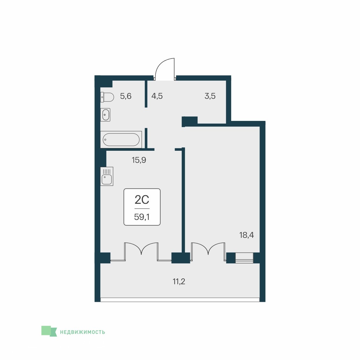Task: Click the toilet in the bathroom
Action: tap(107, 97)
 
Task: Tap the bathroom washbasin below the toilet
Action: tap(105, 115)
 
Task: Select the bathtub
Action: tap(121, 139)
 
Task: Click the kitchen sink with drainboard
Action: tap(107, 176)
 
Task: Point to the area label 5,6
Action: tap(126, 96)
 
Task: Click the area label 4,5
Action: tap(157, 96)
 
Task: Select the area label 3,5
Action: tap(210, 96)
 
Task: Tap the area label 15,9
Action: tap(139, 160)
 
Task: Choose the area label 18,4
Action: tap(246, 235)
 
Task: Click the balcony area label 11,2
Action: tap(179, 281)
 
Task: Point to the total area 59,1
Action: tap(142, 217)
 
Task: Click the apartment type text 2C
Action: tap(142, 200)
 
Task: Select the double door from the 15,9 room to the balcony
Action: tap(141, 252)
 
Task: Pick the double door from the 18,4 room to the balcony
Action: tap(208, 252)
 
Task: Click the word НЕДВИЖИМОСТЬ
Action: tap(82, 332)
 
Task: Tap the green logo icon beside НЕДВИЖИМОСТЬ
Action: tap(49, 331)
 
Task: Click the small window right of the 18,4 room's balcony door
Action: tap(244, 258)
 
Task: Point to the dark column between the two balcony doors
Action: tap(181, 258)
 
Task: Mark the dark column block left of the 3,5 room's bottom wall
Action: tap(190, 121)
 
